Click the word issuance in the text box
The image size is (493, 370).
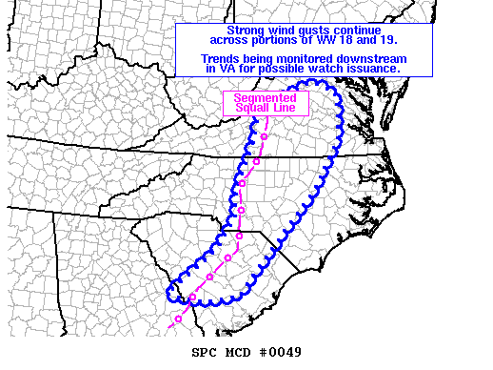coord(372,70)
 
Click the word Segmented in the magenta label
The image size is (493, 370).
coord(266,98)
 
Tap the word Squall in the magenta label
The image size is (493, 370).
coord(251,109)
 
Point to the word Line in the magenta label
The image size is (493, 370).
coord(286,109)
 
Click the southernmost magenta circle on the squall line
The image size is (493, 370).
coord(177,319)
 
